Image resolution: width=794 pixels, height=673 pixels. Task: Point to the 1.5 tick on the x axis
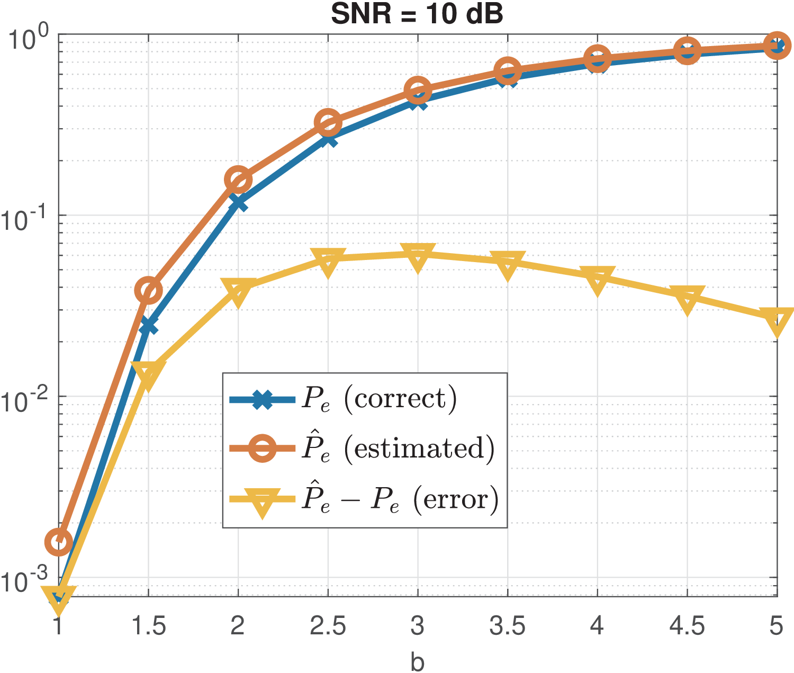148,626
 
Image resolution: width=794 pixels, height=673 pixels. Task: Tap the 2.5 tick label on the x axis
328,626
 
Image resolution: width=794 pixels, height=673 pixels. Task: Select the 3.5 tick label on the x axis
507,626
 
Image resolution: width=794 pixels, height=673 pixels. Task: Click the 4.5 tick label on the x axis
687,626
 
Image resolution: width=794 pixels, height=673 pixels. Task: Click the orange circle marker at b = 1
59,541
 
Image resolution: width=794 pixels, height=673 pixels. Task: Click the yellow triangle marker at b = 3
418,257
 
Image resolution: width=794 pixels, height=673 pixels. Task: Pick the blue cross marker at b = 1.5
148,326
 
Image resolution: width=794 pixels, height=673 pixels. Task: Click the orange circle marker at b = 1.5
148,290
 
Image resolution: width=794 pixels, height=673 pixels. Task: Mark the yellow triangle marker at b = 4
597,279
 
